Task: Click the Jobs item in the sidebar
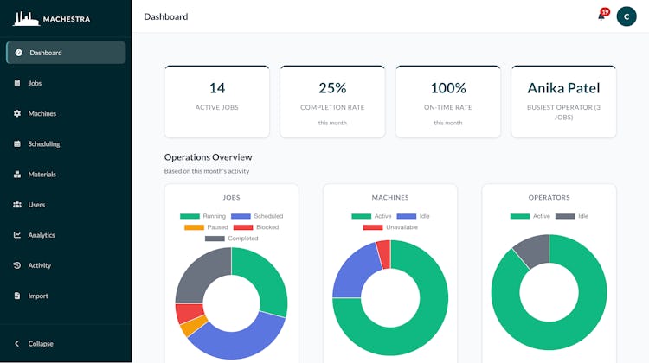click(x=28, y=83)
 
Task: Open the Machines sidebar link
click(x=35, y=113)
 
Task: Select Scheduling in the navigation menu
click(x=36, y=143)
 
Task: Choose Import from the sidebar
click(x=30, y=296)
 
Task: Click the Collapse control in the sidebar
click(x=34, y=344)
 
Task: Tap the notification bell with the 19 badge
click(x=602, y=15)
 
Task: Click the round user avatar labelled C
click(x=627, y=16)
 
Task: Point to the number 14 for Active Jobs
click(x=217, y=88)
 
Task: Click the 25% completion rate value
click(x=332, y=88)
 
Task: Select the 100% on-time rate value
click(x=448, y=88)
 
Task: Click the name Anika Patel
click(x=563, y=88)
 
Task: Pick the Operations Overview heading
click(x=209, y=157)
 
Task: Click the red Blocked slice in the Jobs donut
click(x=189, y=312)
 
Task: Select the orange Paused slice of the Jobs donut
click(x=194, y=326)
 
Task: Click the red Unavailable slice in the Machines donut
click(x=384, y=254)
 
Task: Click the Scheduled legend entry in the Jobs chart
click(x=257, y=216)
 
